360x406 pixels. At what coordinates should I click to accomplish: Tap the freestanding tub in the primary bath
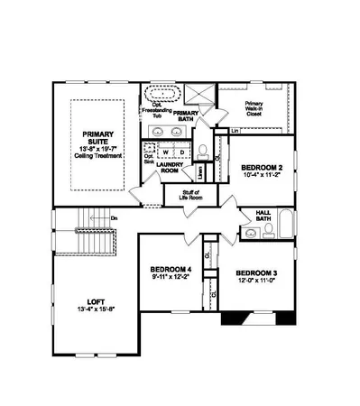163,94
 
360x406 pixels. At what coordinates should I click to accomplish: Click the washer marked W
166,151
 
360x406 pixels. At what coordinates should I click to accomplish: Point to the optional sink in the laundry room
150,156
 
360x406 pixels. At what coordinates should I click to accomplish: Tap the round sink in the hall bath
253,233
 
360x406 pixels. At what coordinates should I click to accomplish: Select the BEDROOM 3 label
258,272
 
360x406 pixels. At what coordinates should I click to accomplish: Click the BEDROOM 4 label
171,268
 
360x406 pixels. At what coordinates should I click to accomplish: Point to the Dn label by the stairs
115,218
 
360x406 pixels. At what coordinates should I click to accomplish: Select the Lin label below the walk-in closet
235,131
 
